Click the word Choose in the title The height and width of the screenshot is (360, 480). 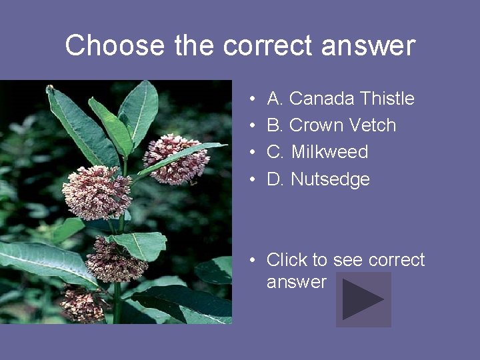115,46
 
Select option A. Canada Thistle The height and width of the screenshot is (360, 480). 340,99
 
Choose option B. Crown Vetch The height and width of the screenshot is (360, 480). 331,125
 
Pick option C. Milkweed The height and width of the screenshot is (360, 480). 317,152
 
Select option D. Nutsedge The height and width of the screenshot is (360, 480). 318,179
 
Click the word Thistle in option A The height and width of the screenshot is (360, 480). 387,99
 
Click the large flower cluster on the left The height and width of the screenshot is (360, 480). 97,192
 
